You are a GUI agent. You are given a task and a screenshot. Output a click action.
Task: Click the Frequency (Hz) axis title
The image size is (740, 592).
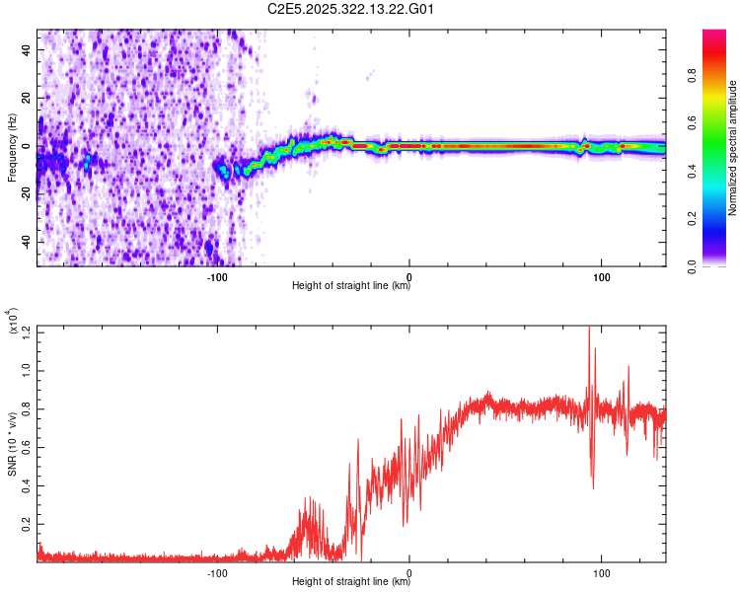(11, 148)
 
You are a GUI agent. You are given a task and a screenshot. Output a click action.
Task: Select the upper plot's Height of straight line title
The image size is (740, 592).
(351, 286)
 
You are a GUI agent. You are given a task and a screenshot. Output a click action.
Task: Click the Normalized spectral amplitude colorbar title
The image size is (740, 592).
(733, 148)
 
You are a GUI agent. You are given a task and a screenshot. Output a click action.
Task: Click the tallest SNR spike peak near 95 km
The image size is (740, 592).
(589, 328)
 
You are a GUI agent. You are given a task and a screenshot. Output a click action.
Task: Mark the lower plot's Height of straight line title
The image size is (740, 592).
(351, 582)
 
